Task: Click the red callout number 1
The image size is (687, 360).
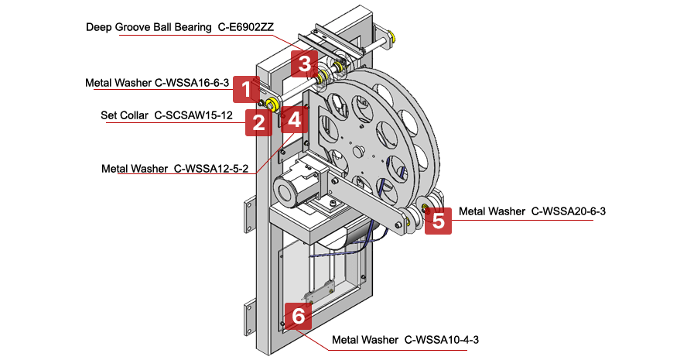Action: click(246, 89)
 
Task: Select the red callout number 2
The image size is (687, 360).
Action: click(258, 122)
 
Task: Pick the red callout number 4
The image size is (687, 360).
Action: click(294, 118)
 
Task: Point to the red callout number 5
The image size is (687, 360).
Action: click(438, 221)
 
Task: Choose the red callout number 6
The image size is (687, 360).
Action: click(298, 315)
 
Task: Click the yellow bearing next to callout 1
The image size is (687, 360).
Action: click(272, 105)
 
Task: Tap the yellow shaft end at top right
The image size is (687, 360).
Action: click(393, 36)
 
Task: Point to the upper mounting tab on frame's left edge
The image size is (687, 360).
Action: click(249, 214)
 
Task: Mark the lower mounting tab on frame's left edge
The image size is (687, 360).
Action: click(249, 315)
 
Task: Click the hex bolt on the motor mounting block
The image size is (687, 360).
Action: click(332, 204)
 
